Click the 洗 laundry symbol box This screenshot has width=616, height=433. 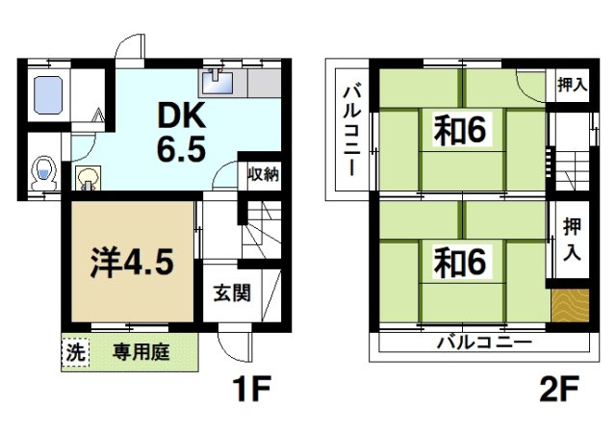pyautogui.click(x=73, y=352)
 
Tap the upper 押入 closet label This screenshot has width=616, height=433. pyautogui.click(x=571, y=85)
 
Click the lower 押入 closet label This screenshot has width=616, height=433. pyautogui.click(x=571, y=242)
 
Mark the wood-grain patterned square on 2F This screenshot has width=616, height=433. pyautogui.click(x=568, y=308)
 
